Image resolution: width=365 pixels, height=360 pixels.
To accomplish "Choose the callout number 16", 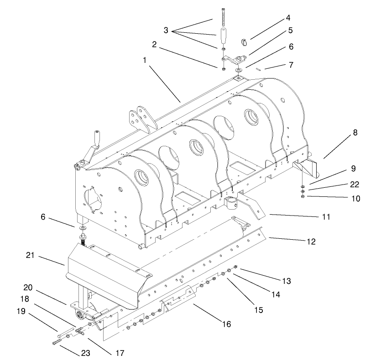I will [x=227, y=324].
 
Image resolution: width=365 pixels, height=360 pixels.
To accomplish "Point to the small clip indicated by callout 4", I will [x=244, y=43].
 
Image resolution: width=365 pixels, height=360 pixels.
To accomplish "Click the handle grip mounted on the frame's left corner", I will [x=97, y=137].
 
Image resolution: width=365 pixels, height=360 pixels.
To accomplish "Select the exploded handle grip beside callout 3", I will [x=224, y=35].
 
